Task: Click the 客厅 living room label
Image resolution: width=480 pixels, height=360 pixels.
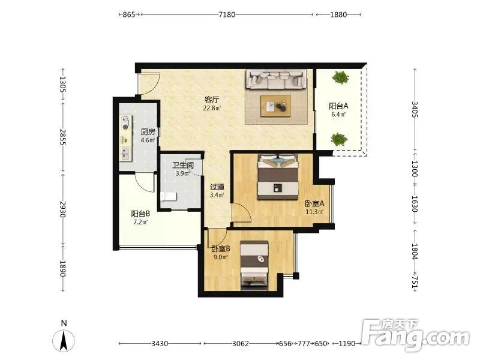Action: coord(212,100)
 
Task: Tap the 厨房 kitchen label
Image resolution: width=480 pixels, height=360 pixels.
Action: coord(148,132)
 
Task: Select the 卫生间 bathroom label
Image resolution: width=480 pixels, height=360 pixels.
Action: coord(183,166)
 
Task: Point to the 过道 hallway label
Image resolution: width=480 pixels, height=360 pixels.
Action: coord(217,187)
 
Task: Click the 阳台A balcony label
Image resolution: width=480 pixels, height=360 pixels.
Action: coord(338,106)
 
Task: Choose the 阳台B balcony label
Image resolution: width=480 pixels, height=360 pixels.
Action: coord(140,214)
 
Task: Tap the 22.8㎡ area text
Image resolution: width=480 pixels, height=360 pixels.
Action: coord(212,108)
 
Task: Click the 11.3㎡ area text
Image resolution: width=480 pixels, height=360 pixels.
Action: coord(314,212)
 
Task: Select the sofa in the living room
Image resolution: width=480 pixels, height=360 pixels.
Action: coord(277,79)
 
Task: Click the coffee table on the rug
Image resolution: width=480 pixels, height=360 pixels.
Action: coord(275,106)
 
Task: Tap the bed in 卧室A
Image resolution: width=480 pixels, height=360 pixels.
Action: coord(278,177)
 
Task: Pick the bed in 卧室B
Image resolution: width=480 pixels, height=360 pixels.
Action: coord(254,265)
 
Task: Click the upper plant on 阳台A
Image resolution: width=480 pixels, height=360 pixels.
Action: coord(340,77)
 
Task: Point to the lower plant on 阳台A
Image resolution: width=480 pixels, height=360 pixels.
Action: coord(339,139)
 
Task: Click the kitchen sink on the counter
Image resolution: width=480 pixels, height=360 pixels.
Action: coord(125,154)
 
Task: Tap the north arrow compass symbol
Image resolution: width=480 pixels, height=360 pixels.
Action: coord(64,341)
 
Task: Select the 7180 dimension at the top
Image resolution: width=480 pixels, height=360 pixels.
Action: coord(227,14)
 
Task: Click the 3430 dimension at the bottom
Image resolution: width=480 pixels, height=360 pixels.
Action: coord(160,344)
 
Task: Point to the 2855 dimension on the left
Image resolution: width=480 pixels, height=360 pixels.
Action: coord(63,137)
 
